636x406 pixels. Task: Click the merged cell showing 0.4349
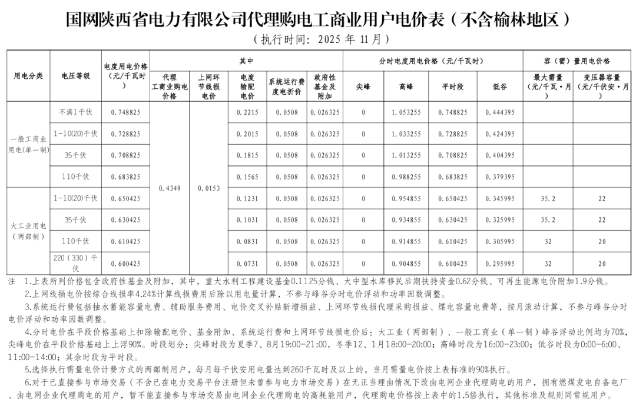pos(170,188)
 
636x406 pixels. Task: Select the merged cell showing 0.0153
pos(208,188)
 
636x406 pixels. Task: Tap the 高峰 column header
pos(406,86)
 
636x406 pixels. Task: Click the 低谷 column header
pos(499,86)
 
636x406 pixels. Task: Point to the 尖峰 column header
pos(363,86)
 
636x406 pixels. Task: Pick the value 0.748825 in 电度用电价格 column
pos(125,112)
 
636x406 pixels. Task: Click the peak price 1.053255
pos(406,112)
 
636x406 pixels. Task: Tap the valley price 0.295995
pos(499,264)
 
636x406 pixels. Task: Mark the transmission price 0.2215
pos(247,112)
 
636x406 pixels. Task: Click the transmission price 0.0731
pos(247,264)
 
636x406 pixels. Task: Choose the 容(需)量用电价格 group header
pos(577,61)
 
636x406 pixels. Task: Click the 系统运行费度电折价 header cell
pos(286,86)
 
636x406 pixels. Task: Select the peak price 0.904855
pos(406,264)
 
